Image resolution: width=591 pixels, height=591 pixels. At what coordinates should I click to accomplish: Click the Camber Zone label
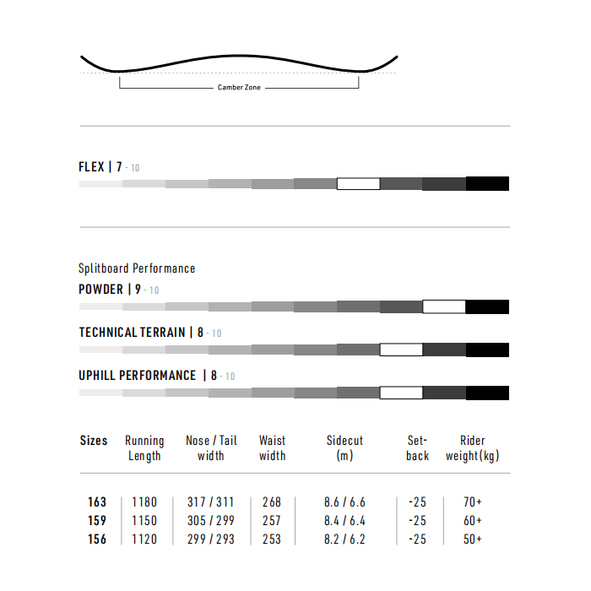pos(239,88)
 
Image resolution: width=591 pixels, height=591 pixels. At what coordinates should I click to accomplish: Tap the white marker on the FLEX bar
pos(359,184)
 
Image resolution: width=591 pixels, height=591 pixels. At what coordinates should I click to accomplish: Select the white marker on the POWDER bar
pos(444,306)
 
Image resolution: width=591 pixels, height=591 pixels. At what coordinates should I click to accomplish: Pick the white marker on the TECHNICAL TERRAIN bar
pos(401,350)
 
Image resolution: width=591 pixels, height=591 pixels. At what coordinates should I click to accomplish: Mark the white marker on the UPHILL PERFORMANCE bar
pos(401,393)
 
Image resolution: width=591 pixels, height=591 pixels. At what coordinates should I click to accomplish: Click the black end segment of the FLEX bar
pos(487,183)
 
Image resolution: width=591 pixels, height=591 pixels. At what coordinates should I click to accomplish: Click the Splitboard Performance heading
pos(137,268)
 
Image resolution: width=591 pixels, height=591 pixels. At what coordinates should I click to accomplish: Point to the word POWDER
pos(100,289)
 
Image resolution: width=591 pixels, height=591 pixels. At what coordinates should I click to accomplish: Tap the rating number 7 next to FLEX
pos(119,166)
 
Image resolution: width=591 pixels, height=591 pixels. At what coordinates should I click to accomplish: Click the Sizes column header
pos(94,440)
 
